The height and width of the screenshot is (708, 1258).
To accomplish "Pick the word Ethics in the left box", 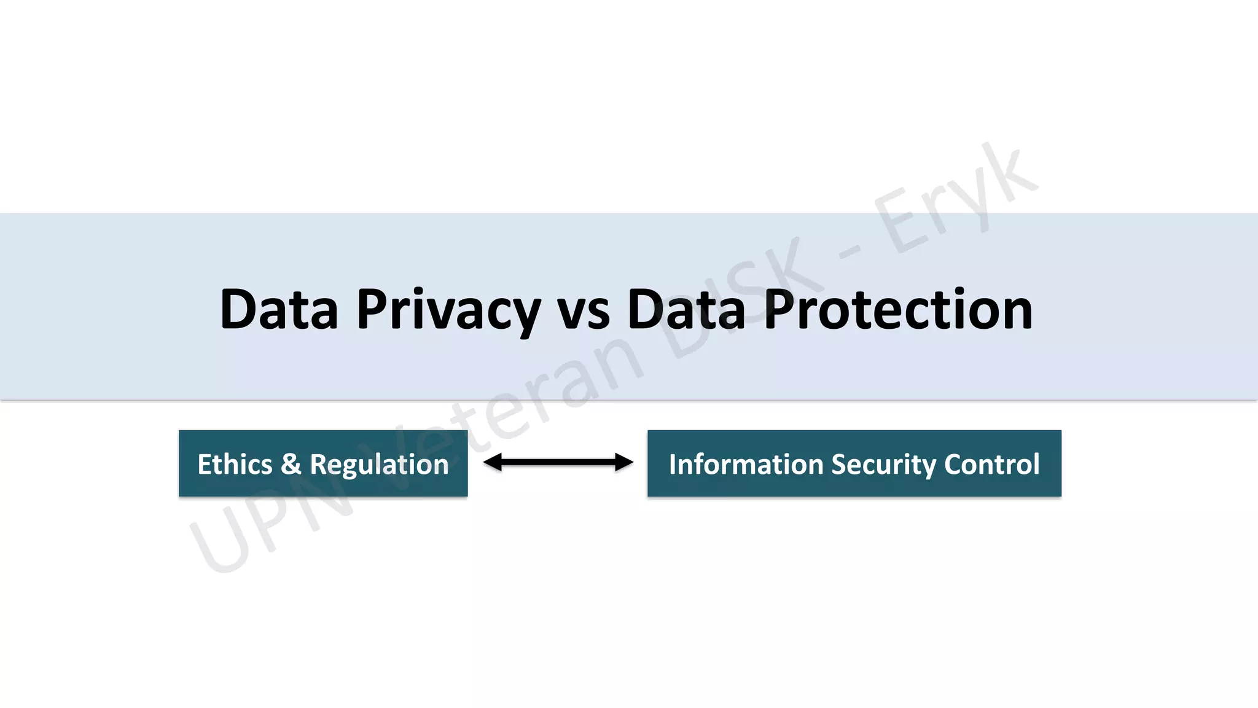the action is (235, 464).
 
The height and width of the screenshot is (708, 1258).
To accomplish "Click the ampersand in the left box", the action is (291, 464).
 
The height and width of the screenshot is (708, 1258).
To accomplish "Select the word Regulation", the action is (379, 465).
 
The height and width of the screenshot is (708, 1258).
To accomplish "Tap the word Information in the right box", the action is (745, 464).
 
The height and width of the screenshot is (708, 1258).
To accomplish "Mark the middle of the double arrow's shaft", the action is (558, 462).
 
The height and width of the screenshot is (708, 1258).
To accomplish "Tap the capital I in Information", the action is (673, 464).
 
